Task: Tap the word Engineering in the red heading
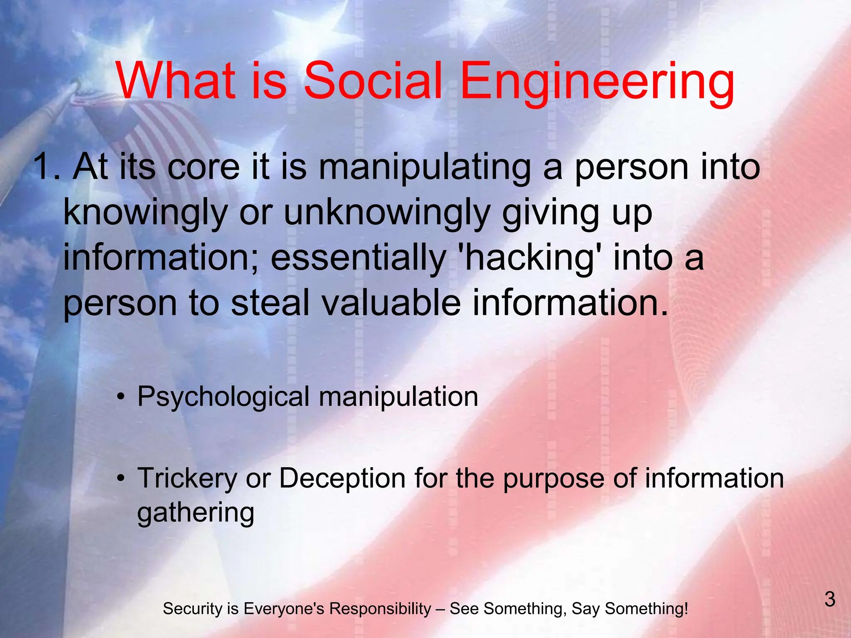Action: [598, 82]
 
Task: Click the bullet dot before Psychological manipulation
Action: [121, 397]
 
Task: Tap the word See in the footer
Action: [464, 609]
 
